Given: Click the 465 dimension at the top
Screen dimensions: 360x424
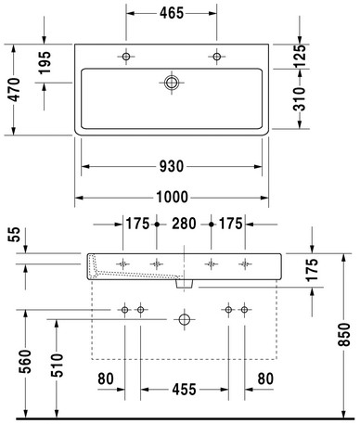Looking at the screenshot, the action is [172, 13].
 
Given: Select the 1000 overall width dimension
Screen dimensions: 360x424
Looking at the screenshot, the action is [172, 197].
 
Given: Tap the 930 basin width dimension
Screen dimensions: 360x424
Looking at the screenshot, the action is [172, 166].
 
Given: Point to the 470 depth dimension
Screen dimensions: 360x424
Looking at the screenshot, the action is [14, 89].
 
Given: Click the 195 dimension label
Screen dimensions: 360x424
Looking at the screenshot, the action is [45, 63].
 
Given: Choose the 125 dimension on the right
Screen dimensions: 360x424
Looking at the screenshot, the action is [300, 57].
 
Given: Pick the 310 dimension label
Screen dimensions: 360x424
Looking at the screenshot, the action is [299, 99].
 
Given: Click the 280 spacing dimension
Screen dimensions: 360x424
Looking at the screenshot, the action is [184, 224].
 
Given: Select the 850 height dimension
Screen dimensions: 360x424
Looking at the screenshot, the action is [343, 334].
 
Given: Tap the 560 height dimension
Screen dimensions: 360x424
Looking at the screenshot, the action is [25, 361].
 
